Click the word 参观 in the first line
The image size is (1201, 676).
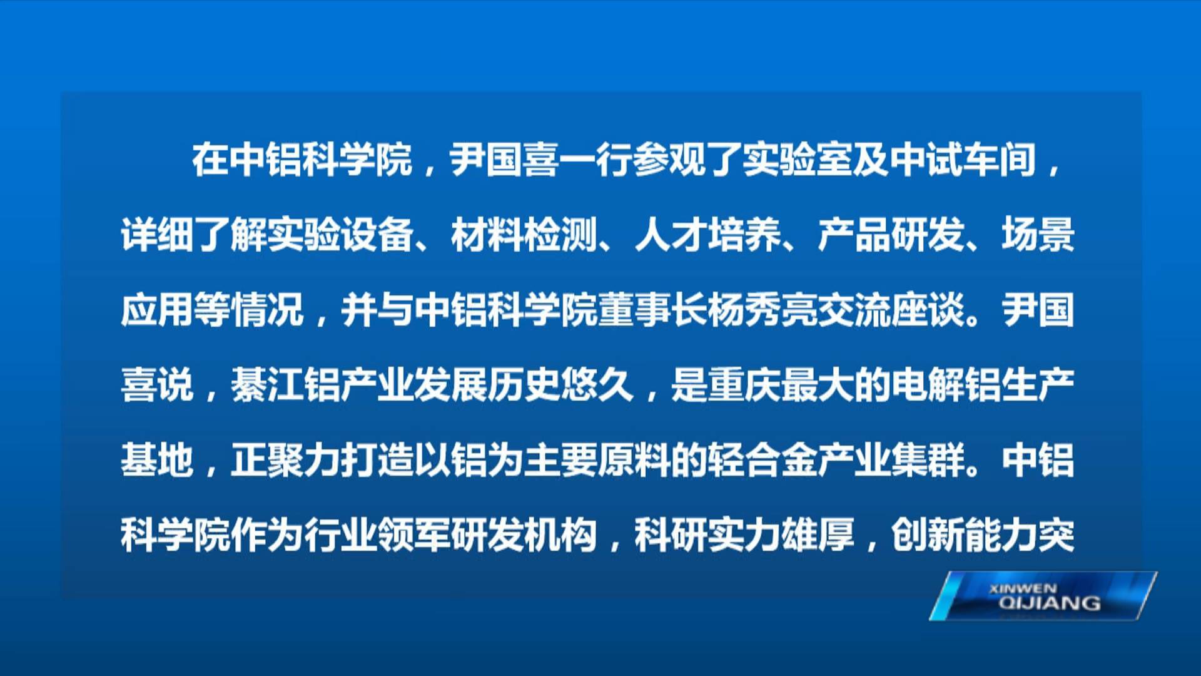[x=669, y=160]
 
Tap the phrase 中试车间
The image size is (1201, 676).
[x=963, y=160]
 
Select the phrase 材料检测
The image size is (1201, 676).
[x=524, y=235]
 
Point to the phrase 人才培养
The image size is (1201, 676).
[x=707, y=235]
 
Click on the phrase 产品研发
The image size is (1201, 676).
[x=891, y=235]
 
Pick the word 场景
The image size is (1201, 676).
[x=1038, y=235]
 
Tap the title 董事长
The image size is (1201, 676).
[x=652, y=310]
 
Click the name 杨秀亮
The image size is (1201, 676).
[x=763, y=310]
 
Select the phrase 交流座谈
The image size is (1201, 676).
[x=891, y=310]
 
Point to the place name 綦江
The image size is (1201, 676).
[x=268, y=385]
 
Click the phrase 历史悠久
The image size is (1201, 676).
[x=561, y=385]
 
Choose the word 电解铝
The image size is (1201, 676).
[x=946, y=385]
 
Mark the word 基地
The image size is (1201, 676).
[x=158, y=460]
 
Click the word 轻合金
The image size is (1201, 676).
[x=763, y=460]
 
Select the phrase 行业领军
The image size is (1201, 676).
[x=378, y=535]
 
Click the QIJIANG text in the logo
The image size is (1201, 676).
[x=1050, y=603]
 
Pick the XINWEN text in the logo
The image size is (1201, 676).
[x=1023, y=588]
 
